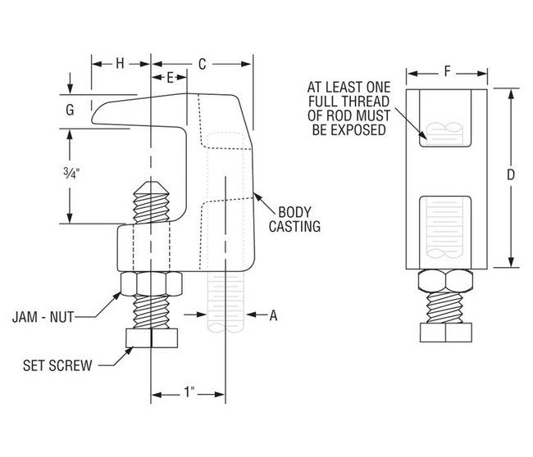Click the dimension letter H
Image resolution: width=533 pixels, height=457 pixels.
point(120,63)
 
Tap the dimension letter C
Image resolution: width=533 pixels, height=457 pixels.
point(202,63)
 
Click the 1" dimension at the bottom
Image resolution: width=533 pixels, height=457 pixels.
point(189,393)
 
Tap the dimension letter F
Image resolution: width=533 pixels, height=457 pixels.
point(447,71)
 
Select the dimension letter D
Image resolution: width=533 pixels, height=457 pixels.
point(510,174)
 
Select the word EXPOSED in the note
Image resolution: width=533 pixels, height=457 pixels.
point(358,129)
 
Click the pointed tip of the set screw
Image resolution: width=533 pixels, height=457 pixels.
point(150,185)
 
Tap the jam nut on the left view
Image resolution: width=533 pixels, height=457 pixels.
point(151,285)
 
